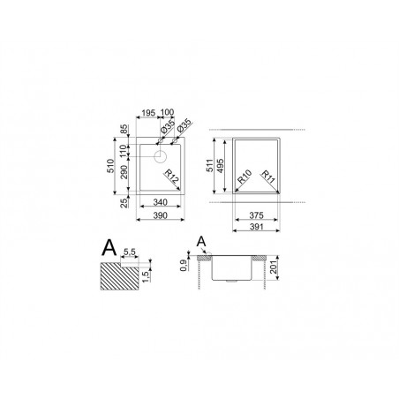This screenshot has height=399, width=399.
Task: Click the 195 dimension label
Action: click(148, 113)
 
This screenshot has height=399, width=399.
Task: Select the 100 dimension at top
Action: click(167, 112)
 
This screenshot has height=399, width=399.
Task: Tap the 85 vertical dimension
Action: click(124, 130)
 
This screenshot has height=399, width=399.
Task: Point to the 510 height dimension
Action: click(110, 166)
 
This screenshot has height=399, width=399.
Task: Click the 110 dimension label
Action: click(124, 151)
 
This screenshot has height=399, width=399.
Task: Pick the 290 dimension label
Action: click(124, 172)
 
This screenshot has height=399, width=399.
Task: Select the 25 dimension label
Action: click(124, 203)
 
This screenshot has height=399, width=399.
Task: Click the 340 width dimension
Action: click(160, 202)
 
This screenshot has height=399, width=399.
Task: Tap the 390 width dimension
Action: click(160, 215)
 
